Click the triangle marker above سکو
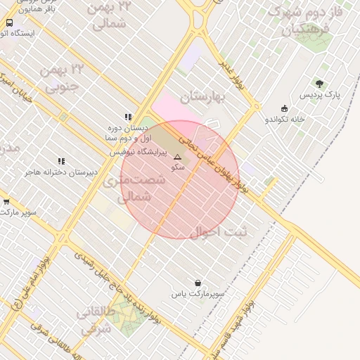(177, 157)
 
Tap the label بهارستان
(200, 96)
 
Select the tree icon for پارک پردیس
(320, 83)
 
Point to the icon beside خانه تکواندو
(284, 108)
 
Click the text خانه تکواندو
(284, 119)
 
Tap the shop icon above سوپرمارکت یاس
(198, 282)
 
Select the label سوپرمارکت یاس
(198, 293)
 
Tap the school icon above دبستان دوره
(128, 117)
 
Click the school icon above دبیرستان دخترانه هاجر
(62, 161)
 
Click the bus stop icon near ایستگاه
(9, 22)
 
